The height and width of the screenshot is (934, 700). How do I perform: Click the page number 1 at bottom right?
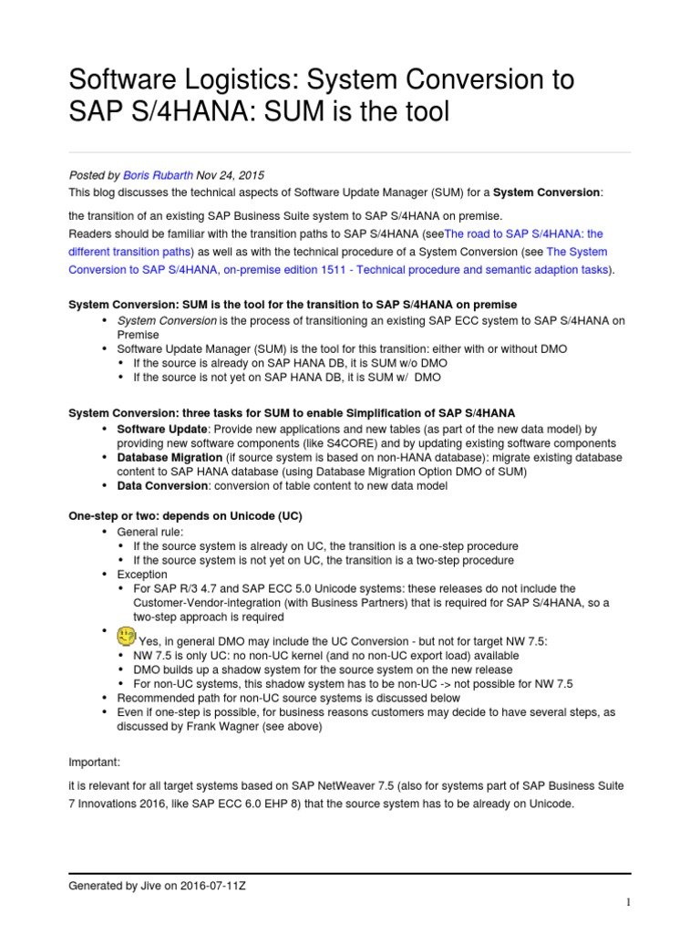pyautogui.click(x=628, y=902)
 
